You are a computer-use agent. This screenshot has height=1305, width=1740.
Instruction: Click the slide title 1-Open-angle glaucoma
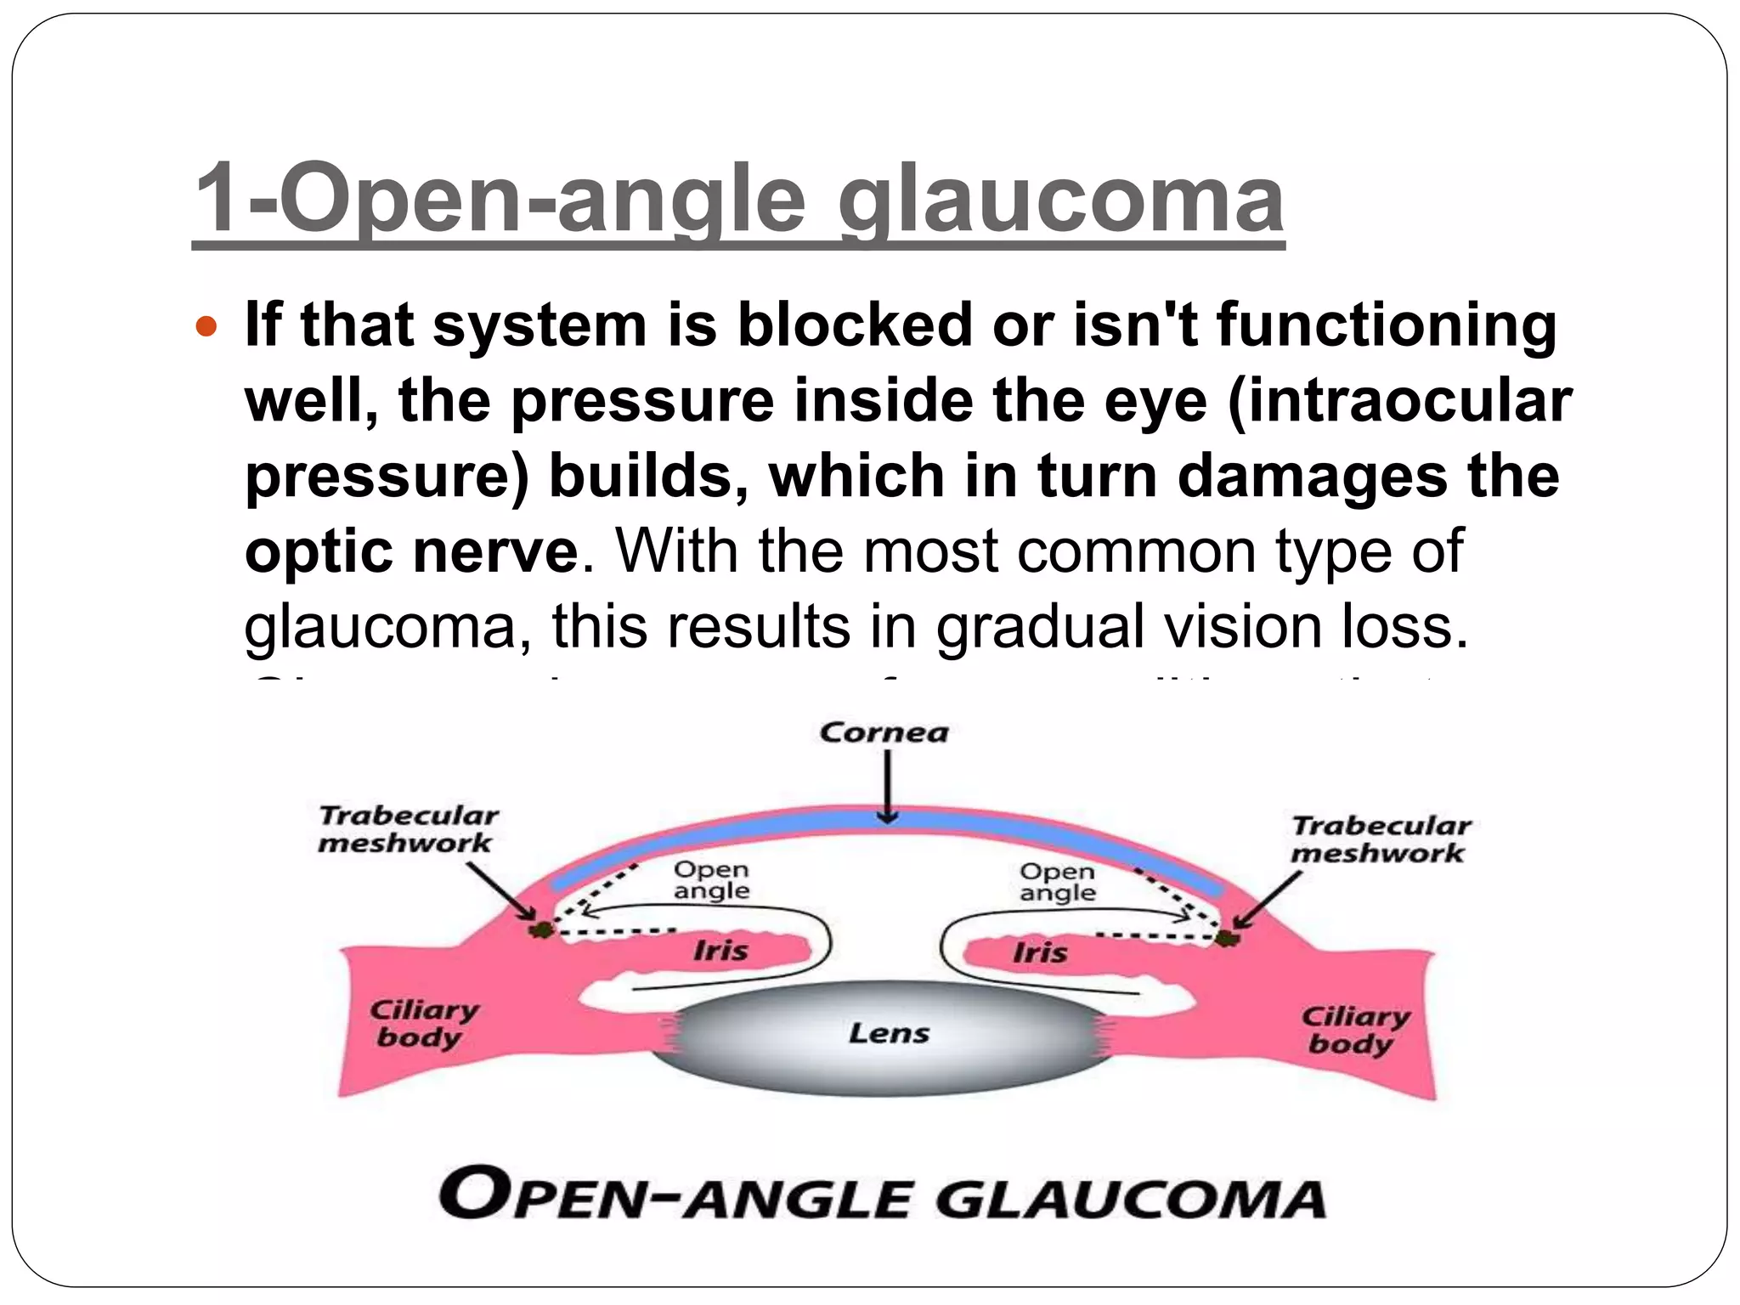coord(737,201)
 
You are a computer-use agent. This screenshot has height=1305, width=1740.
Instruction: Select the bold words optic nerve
coord(411,551)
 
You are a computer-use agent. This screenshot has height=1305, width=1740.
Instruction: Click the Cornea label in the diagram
coord(884,732)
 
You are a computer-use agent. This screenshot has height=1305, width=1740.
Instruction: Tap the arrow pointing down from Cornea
coord(887,787)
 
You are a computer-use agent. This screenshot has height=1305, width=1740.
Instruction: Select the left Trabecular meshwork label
coord(408,829)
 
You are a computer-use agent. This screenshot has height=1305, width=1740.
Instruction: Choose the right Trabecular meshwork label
coord(1380,839)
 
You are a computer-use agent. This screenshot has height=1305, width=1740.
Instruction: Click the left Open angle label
coord(711,880)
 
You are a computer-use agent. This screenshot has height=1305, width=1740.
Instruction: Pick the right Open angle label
coord(1058,882)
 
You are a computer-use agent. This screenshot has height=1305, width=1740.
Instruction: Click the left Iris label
coord(720,950)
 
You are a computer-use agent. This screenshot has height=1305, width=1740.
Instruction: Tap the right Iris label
coord(1039,952)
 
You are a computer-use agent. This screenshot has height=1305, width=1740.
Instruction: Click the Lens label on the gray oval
coord(889,1033)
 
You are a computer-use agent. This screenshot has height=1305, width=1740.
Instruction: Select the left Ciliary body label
coord(422,1024)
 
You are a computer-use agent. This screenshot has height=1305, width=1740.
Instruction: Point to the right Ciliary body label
coord(1354,1030)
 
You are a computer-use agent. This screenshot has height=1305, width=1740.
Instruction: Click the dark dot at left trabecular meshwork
coord(540,930)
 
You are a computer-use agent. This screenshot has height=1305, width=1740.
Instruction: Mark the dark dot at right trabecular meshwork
coord(1226,937)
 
